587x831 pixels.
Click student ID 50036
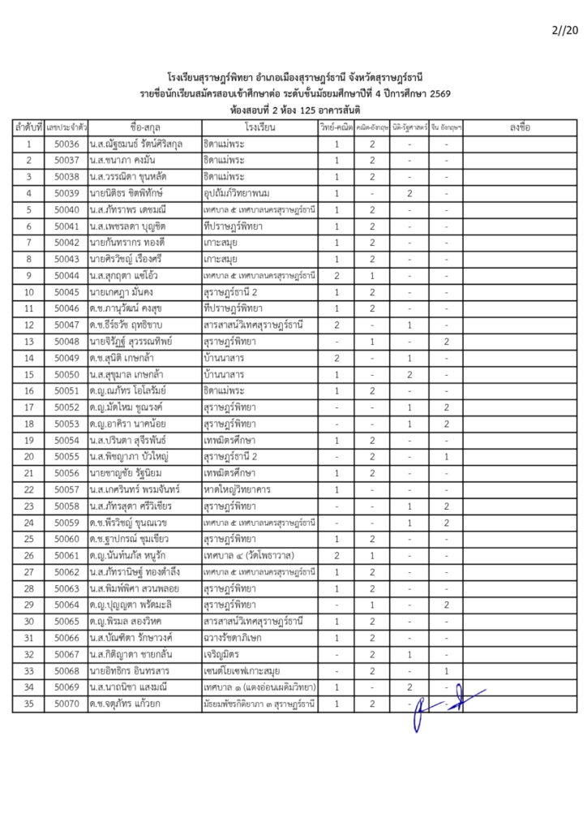click(x=66, y=144)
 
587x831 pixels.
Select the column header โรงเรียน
click(x=259, y=128)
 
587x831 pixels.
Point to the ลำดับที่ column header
click(x=28, y=128)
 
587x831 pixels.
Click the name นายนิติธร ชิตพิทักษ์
click(x=128, y=193)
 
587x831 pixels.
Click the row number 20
click(x=28, y=456)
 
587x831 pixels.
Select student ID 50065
click(x=66, y=621)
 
